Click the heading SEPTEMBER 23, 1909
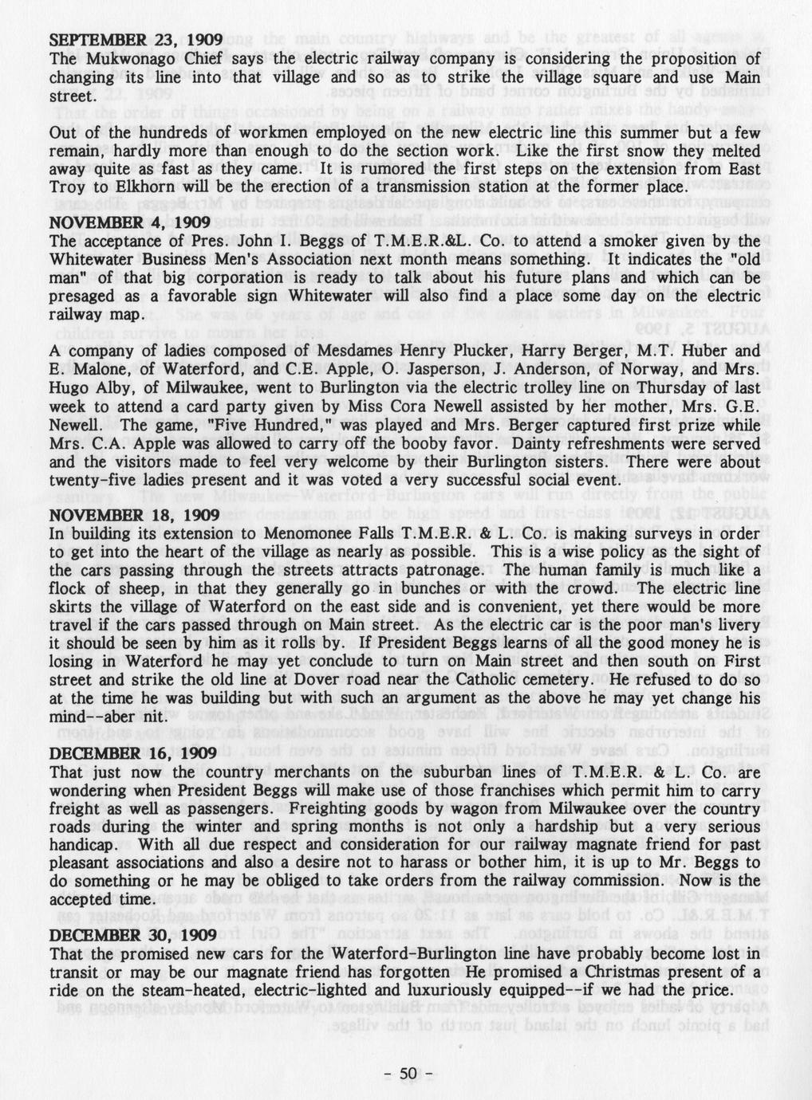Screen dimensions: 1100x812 click(x=131, y=40)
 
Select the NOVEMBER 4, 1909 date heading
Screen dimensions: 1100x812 click(x=130, y=222)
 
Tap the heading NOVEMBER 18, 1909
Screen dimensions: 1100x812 click(x=134, y=515)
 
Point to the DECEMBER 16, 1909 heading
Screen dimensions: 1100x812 click(x=133, y=753)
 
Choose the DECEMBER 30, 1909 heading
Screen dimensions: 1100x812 click(x=133, y=934)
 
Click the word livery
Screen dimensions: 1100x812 click(x=740, y=626)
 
